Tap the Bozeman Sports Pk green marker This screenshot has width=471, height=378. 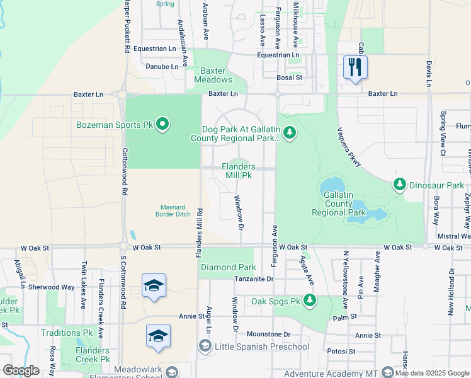coord(162,125)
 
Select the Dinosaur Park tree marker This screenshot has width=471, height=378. coord(399,185)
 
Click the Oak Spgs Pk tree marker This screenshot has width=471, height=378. coord(309,301)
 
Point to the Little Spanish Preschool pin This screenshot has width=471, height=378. coord(205,346)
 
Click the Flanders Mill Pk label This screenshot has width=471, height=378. coord(239,171)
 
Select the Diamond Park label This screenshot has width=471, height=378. coord(228,267)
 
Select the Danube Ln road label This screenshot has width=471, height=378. coord(162,66)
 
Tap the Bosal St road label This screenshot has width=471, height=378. coord(290,77)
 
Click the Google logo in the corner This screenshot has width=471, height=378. coord(21,370)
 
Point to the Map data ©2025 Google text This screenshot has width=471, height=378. coord(432,373)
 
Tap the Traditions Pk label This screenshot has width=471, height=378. coord(67,333)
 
